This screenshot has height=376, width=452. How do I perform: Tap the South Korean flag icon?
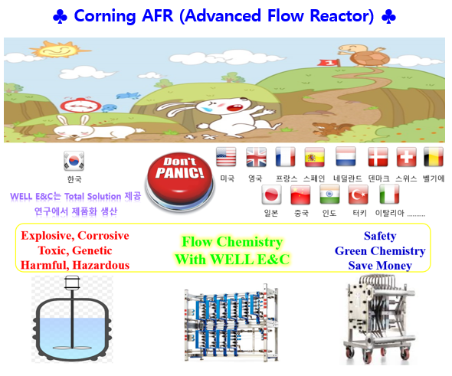pos(74,161)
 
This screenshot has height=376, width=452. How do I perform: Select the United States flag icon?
pos(226,157)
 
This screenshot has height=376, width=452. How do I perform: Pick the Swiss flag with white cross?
pos(406,157)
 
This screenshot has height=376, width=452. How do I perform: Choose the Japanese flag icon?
pos(271,195)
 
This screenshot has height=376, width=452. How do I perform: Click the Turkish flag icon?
pos(359,195)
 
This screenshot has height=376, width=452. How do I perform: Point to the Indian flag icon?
pos(329,195)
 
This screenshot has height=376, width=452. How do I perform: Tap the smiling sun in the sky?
pos(58,50)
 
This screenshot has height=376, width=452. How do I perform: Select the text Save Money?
pos(380,266)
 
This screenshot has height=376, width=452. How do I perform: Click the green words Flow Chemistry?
pos(232,242)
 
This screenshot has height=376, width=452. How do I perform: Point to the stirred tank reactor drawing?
pos(72,319)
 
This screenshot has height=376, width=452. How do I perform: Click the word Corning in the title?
pos(105,16)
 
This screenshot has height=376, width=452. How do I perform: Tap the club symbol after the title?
pos(388,17)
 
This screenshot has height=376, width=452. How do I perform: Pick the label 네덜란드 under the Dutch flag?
pos(348,178)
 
